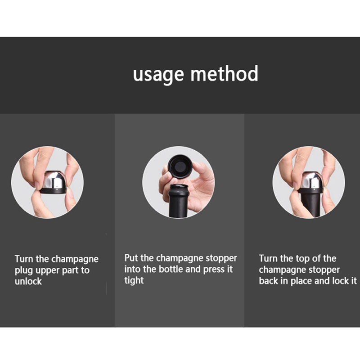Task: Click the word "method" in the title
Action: click(x=225, y=73)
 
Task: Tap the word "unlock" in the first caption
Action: click(x=28, y=281)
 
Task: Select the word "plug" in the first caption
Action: click(x=24, y=271)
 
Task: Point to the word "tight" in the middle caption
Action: click(x=134, y=280)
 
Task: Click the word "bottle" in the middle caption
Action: click(x=171, y=269)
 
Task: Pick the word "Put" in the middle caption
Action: click(x=131, y=258)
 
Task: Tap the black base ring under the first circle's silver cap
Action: click(x=53, y=191)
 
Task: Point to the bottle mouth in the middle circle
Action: click(x=179, y=186)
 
